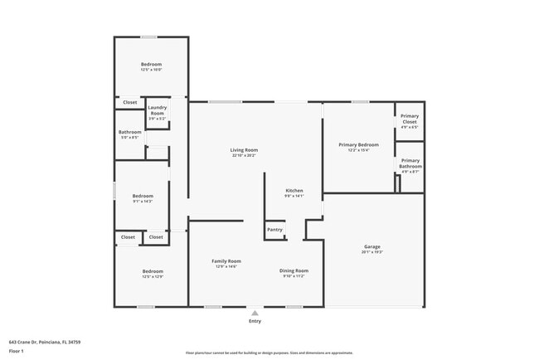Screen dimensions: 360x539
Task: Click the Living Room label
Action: [244, 150]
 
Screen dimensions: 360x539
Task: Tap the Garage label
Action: [372, 246]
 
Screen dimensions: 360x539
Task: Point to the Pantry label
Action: [274, 230]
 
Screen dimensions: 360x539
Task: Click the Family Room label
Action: [226, 261]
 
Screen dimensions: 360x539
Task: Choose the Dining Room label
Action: [294, 270]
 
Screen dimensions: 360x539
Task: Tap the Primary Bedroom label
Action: [358, 144]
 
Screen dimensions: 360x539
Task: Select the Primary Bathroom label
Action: [410, 163]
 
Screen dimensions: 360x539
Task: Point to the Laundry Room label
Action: [158, 110]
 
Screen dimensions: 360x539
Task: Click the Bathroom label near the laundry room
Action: [130, 132]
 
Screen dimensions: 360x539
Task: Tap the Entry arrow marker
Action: [255, 313]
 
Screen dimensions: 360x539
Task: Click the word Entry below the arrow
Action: [255, 319]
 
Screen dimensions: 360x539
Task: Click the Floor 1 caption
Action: [17, 351]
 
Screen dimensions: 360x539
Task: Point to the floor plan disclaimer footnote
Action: [269, 352]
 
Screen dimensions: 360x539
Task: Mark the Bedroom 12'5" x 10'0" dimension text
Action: [151, 70]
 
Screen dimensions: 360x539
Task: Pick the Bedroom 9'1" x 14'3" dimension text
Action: [143, 202]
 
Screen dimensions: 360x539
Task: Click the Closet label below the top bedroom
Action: [130, 102]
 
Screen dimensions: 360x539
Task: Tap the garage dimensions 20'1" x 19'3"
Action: [372, 251]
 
